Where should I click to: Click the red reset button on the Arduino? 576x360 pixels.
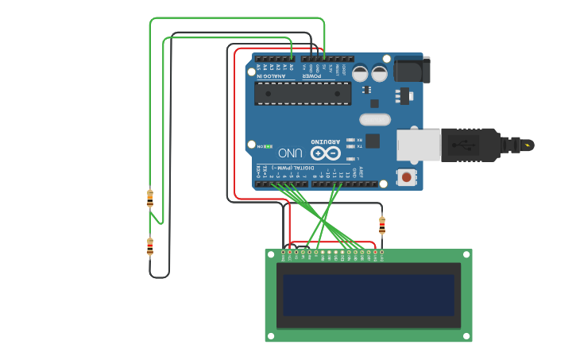[407, 177]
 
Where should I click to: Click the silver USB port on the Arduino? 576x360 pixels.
[418, 145]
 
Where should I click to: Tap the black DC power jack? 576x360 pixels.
[412, 70]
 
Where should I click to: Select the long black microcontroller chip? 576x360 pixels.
[303, 93]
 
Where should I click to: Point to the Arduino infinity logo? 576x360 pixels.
[325, 153]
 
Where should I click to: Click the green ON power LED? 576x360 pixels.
[269, 147]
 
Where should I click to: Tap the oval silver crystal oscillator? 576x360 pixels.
[375, 120]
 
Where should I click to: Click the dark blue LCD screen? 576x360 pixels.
[369, 294]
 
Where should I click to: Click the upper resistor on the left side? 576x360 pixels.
[150, 198]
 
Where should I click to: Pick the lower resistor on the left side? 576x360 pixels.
[150, 247]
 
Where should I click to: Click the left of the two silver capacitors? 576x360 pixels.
[360, 73]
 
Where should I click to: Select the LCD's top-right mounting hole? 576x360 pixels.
[466, 254]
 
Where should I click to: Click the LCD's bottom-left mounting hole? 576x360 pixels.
[271, 336]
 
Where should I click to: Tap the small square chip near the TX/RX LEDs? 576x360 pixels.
[373, 141]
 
